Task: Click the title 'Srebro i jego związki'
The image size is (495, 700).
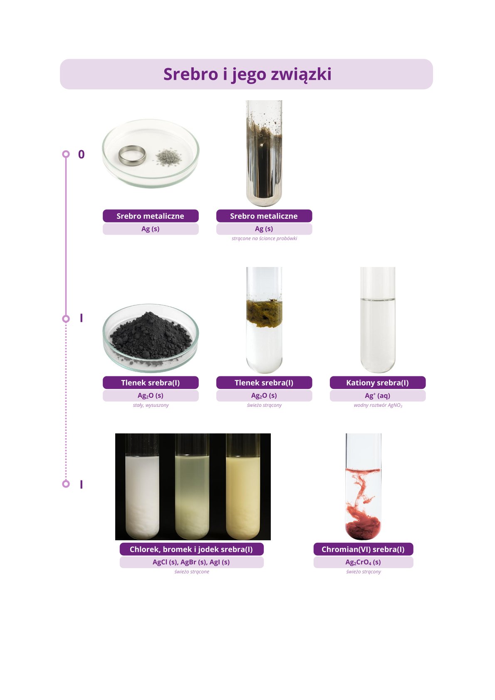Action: pos(247,74)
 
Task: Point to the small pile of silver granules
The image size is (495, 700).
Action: pos(169,157)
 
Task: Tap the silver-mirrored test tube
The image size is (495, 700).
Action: pos(264,153)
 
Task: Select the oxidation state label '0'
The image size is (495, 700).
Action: pos(81,154)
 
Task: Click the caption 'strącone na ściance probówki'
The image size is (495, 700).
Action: pos(265,238)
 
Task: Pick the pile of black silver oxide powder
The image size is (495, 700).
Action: pos(151,336)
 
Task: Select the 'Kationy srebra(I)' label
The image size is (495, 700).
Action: pos(378,383)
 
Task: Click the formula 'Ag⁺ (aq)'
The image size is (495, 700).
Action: pos(378,396)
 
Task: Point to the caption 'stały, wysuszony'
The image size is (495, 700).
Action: pos(151,405)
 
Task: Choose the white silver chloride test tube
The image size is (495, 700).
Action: pos(142,487)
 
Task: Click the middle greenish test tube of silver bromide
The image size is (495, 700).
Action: pos(192,487)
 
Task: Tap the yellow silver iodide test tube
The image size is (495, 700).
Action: pos(243,487)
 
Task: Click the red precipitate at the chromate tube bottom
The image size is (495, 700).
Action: pos(363,528)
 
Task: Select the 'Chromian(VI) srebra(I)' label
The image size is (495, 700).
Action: pos(363,549)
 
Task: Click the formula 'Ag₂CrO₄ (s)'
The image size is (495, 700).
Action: pos(363,562)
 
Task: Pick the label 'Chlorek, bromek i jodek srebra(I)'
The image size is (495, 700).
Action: pos(191,549)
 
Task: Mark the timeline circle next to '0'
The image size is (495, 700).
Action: pos(66,154)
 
